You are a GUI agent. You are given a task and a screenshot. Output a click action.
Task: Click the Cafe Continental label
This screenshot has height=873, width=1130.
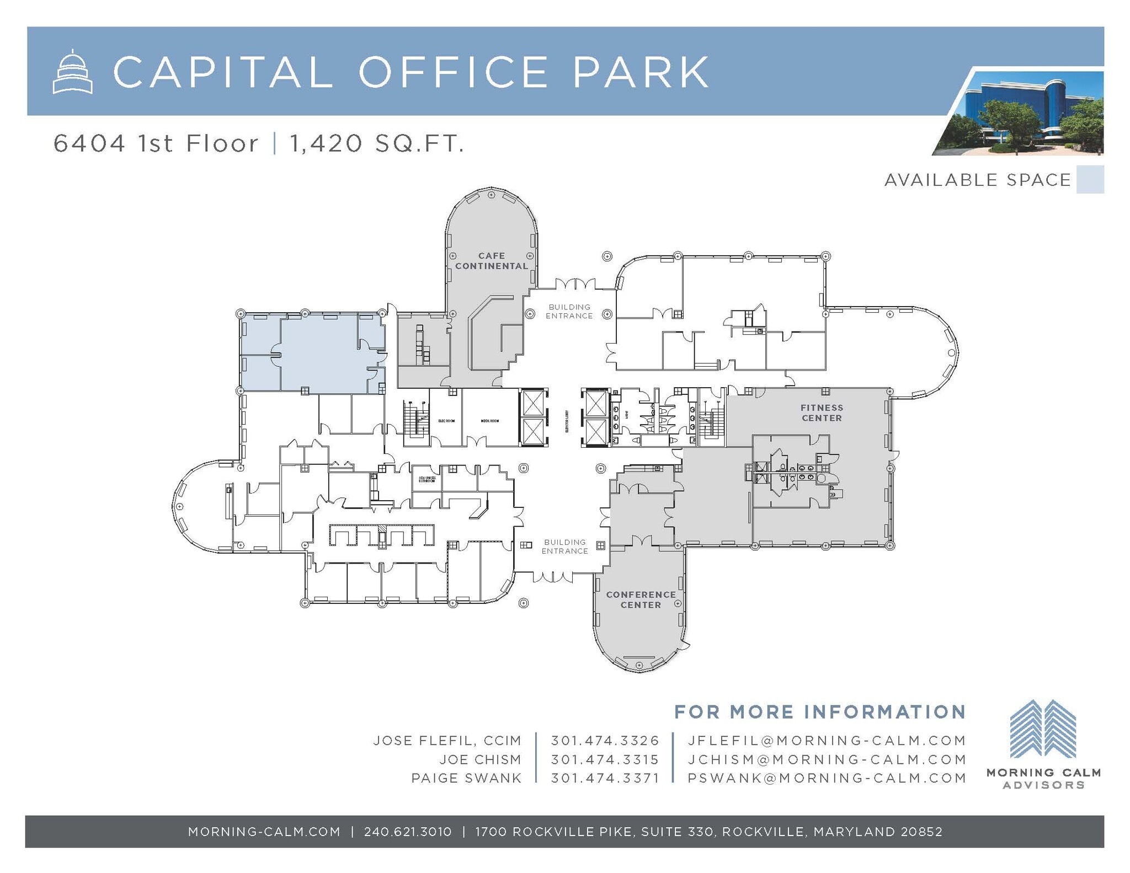click(x=491, y=261)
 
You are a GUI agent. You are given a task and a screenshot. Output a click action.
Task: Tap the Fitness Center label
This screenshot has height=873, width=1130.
click(x=822, y=413)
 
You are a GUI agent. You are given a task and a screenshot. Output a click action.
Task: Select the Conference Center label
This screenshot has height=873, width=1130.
click(x=640, y=599)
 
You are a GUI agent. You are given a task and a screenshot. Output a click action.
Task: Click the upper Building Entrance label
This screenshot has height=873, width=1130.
click(x=569, y=312)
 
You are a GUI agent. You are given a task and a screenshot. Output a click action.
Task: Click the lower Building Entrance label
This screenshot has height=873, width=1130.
click(x=564, y=547)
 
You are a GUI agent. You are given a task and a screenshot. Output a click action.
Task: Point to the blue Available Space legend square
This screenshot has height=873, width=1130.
click(x=1090, y=180)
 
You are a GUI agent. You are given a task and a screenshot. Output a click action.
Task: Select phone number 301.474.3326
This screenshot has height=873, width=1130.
click(x=605, y=741)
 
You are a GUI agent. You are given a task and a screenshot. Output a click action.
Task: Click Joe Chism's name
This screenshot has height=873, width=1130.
click(x=480, y=759)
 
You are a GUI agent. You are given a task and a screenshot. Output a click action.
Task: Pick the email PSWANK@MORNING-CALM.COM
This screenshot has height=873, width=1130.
click(x=827, y=778)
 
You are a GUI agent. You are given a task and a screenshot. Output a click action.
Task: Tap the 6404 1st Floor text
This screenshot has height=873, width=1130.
click(x=156, y=143)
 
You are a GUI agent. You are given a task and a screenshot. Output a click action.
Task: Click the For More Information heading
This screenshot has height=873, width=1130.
click(x=820, y=711)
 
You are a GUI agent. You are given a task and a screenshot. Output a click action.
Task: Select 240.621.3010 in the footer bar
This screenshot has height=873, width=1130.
click(x=408, y=832)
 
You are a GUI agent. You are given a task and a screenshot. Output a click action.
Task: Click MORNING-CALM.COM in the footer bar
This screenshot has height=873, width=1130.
click(x=264, y=832)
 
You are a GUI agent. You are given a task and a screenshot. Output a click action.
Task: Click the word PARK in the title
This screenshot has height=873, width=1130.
click(x=641, y=72)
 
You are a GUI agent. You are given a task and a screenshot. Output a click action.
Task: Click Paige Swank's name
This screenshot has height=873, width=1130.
click(x=466, y=778)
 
